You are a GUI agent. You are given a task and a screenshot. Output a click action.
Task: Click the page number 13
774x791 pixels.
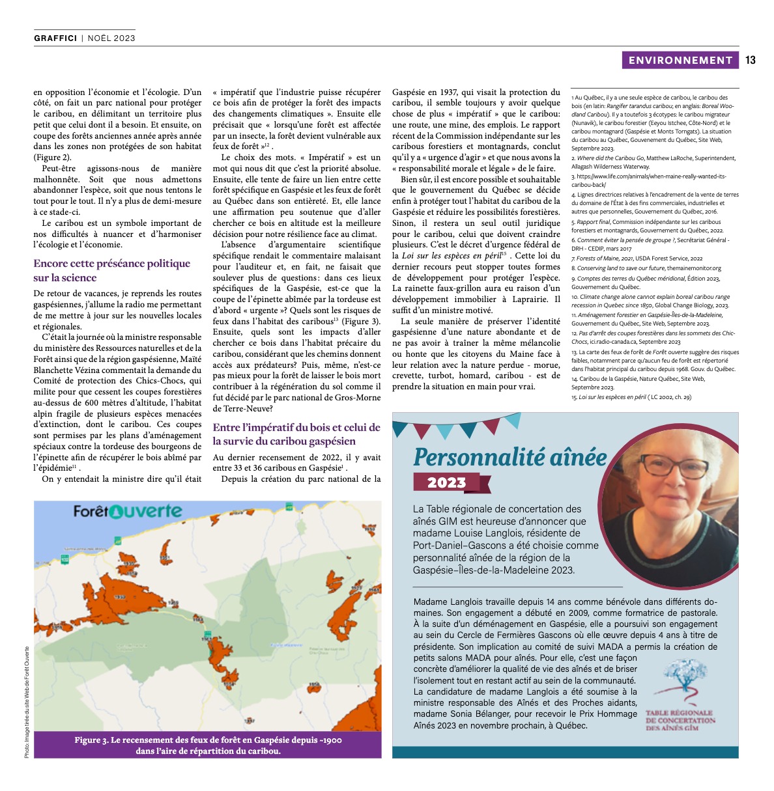(x=750, y=60)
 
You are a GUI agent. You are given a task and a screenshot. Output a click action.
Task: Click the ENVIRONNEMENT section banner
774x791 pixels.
(x=680, y=60)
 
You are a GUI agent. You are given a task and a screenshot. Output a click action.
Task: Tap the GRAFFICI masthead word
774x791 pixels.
(x=55, y=38)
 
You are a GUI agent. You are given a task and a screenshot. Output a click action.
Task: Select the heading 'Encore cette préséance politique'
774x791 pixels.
(x=112, y=264)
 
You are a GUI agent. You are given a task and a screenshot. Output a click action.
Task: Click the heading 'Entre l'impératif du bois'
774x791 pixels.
(x=296, y=428)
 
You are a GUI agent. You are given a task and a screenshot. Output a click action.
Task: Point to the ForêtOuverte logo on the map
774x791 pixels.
(x=128, y=511)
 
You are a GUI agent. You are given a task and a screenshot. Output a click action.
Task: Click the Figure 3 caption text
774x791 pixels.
(x=208, y=745)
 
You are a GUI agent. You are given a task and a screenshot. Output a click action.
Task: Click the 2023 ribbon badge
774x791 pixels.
(x=447, y=482)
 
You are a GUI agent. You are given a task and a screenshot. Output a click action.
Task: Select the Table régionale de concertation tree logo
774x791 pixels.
(x=679, y=681)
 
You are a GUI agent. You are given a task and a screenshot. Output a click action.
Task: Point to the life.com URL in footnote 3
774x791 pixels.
(x=648, y=176)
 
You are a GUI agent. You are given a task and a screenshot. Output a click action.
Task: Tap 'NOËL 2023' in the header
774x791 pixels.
(x=111, y=38)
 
